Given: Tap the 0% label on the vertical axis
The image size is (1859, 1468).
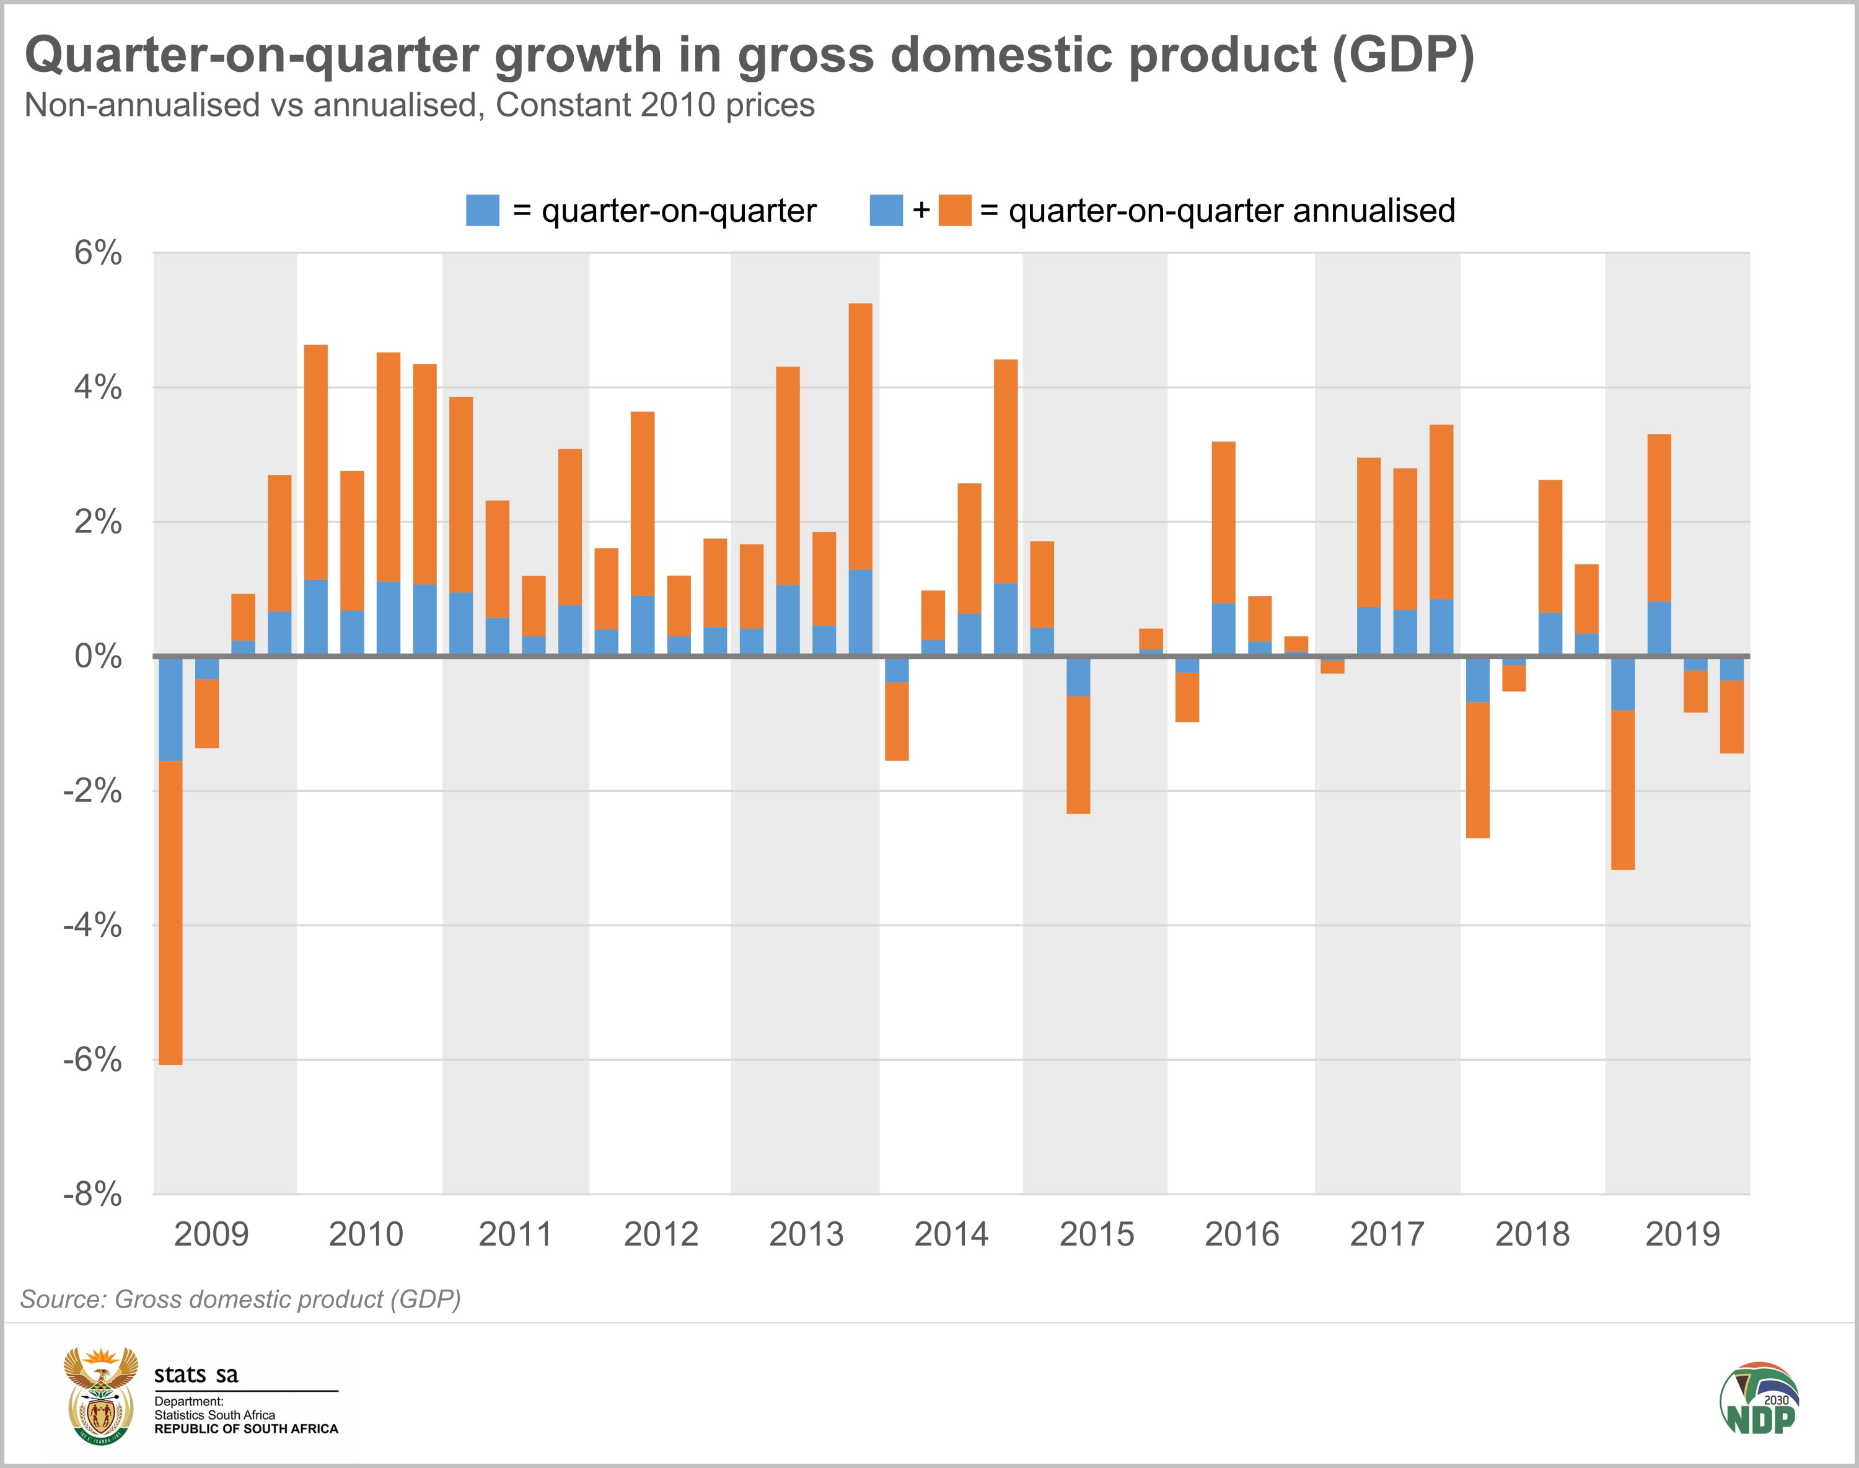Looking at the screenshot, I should click(97, 657).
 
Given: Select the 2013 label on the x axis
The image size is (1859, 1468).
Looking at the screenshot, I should click(806, 1235).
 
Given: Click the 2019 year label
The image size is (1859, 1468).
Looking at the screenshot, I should click(1682, 1235).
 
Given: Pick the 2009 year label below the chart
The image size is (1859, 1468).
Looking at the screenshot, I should click(211, 1235).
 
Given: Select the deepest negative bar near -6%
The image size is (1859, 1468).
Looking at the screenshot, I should click(171, 859).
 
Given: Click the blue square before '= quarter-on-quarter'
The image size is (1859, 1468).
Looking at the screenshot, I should click(482, 211).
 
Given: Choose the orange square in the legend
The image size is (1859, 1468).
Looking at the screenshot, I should click(955, 211).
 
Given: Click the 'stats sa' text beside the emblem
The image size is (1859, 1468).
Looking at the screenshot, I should click(196, 1375).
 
